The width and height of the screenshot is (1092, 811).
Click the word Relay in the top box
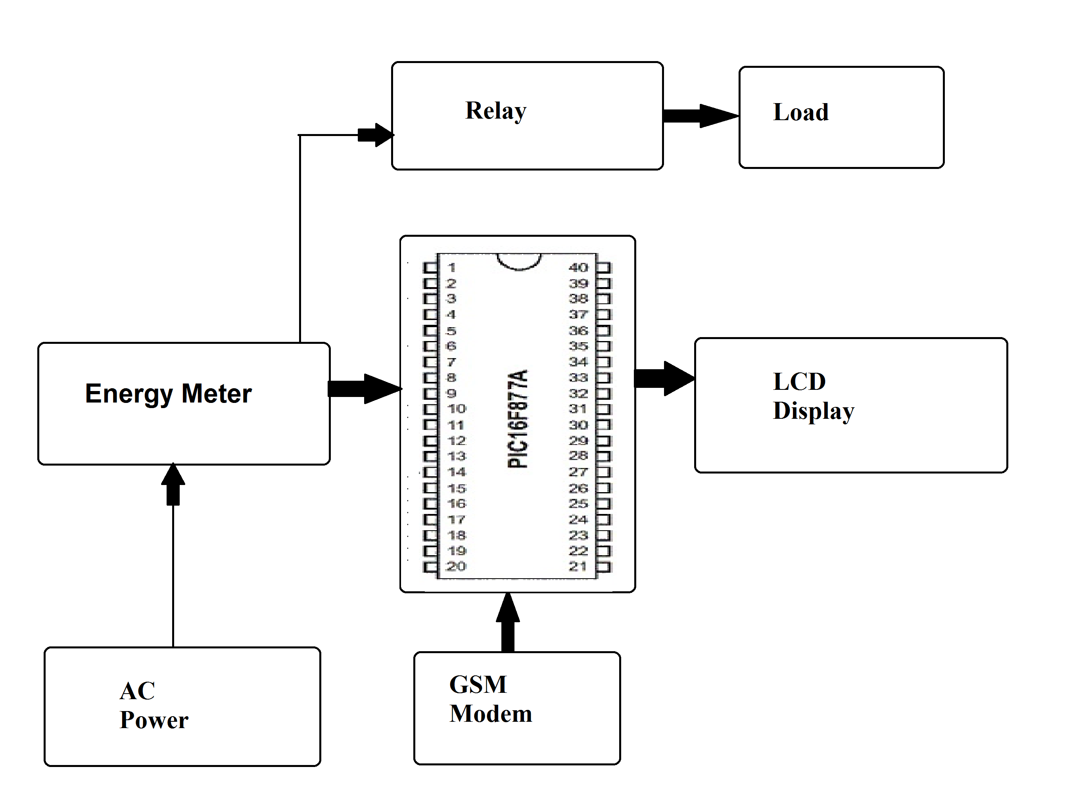click(x=495, y=111)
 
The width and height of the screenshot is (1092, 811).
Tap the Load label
click(x=800, y=112)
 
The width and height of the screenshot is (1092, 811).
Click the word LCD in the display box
click(x=799, y=382)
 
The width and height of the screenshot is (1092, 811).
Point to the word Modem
click(x=491, y=713)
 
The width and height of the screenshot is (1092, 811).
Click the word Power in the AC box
click(x=154, y=720)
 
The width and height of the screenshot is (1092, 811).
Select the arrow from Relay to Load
click(x=700, y=116)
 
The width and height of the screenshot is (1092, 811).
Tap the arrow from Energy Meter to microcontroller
click(x=365, y=389)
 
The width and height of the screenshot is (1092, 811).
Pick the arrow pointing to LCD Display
click(x=665, y=378)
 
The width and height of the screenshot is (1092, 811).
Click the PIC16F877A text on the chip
click(x=518, y=419)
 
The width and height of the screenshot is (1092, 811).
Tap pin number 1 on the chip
click(x=452, y=268)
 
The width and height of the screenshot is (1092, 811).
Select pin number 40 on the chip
click(x=578, y=268)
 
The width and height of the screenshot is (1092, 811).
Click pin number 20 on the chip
click(x=456, y=567)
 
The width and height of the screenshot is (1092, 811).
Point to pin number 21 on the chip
click(x=578, y=567)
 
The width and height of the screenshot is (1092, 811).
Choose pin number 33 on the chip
click(x=578, y=378)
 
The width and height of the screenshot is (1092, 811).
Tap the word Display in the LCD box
click(x=813, y=410)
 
